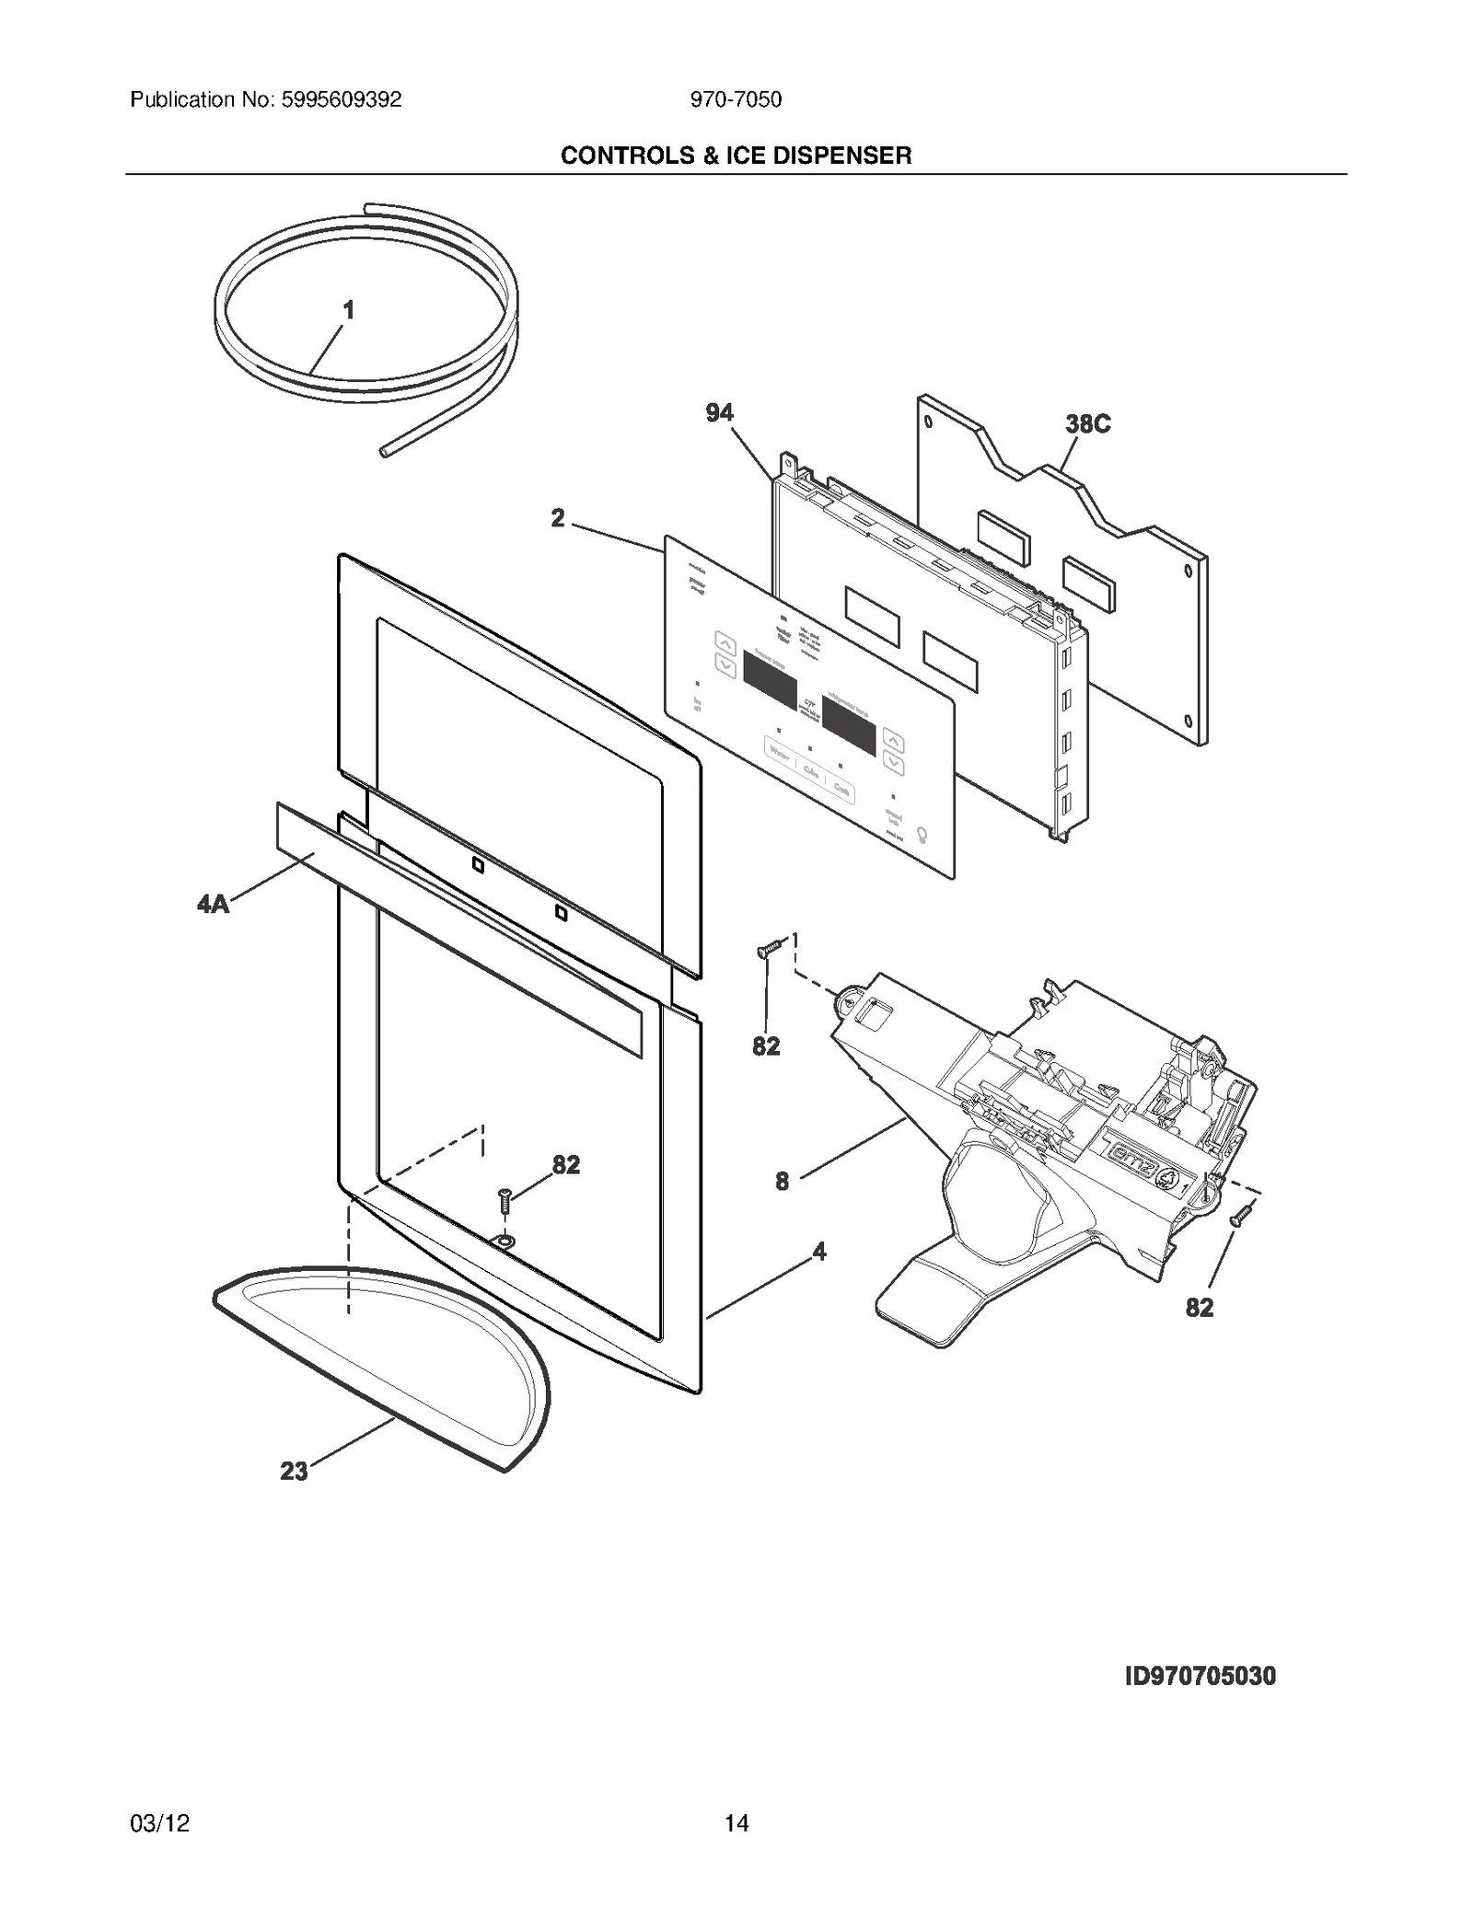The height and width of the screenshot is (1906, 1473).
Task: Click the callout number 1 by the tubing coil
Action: tap(349, 311)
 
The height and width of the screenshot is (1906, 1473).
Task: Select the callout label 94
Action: tap(719, 413)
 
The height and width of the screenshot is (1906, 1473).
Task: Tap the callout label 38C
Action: tap(1087, 424)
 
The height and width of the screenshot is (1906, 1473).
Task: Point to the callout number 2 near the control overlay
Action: tap(558, 519)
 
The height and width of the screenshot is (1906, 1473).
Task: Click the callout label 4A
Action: tap(213, 905)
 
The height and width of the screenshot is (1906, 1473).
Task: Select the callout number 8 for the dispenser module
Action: tap(782, 1182)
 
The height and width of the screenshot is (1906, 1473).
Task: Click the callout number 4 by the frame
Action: tap(818, 1252)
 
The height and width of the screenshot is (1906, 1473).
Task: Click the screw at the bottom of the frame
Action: tap(505, 1199)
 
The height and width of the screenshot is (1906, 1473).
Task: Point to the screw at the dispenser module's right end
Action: tap(1241, 1214)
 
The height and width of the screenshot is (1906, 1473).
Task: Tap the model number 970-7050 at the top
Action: tap(736, 100)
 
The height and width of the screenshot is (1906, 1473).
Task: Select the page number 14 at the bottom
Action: tap(736, 1823)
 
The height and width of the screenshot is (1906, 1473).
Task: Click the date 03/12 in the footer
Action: tap(160, 1823)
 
